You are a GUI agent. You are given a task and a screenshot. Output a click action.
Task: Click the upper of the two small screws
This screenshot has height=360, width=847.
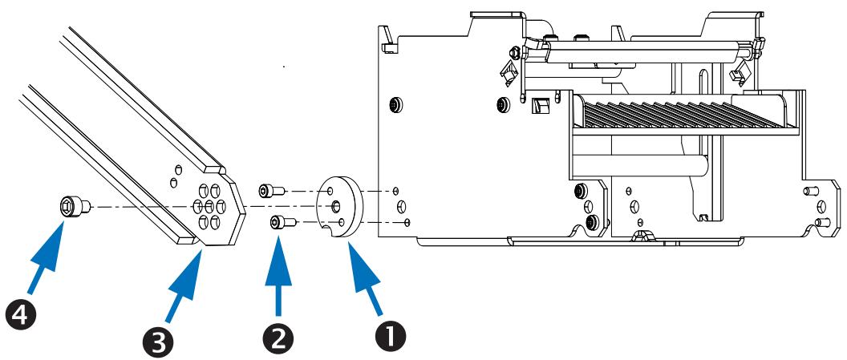[269, 191]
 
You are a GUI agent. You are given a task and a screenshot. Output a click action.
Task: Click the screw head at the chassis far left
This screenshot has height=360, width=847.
[395, 106]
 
